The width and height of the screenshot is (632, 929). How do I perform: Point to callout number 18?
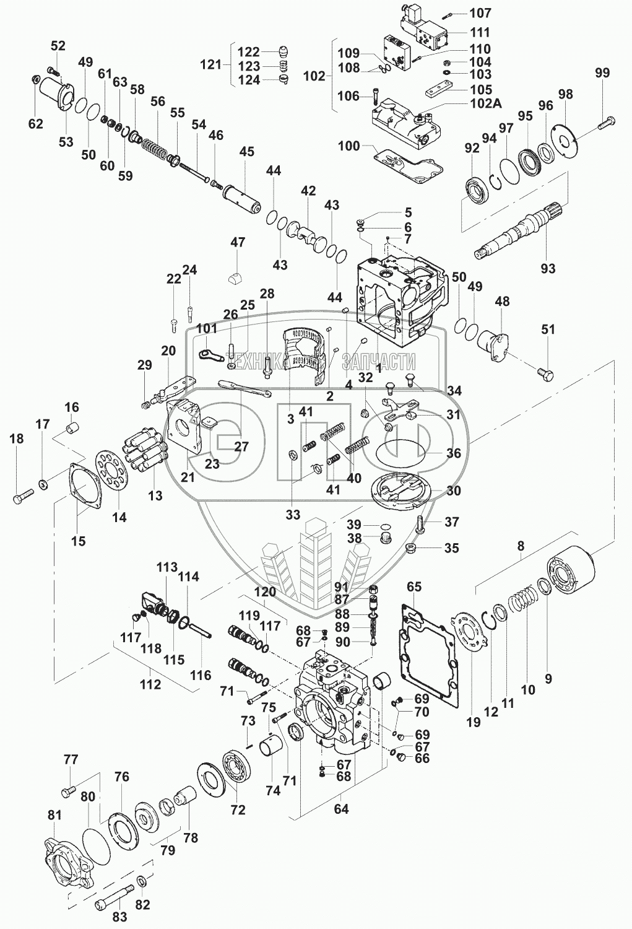click(16, 438)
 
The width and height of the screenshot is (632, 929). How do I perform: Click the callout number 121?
click(211, 64)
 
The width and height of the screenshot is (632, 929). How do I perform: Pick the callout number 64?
click(341, 808)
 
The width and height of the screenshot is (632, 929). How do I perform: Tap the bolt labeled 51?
click(545, 373)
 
